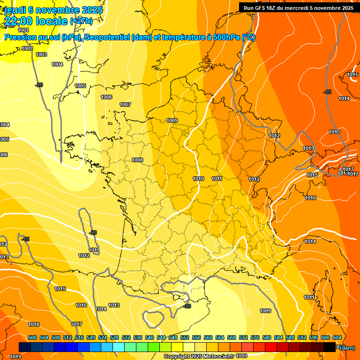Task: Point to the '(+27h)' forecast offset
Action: coord(81,21)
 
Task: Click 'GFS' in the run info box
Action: coord(261,8)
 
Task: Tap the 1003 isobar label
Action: coord(41,54)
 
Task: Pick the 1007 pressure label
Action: coord(125,105)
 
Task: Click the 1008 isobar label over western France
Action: coord(137,160)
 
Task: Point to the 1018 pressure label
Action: coord(34,324)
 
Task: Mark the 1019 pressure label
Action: coord(15,357)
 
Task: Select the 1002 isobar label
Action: coord(27,48)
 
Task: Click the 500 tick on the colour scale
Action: coord(32,337)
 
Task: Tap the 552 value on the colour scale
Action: coord(185,337)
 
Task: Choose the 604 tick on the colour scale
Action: coord(337,337)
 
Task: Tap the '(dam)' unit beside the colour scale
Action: coord(347,347)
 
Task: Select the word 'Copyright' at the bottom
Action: coord(177,356)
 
